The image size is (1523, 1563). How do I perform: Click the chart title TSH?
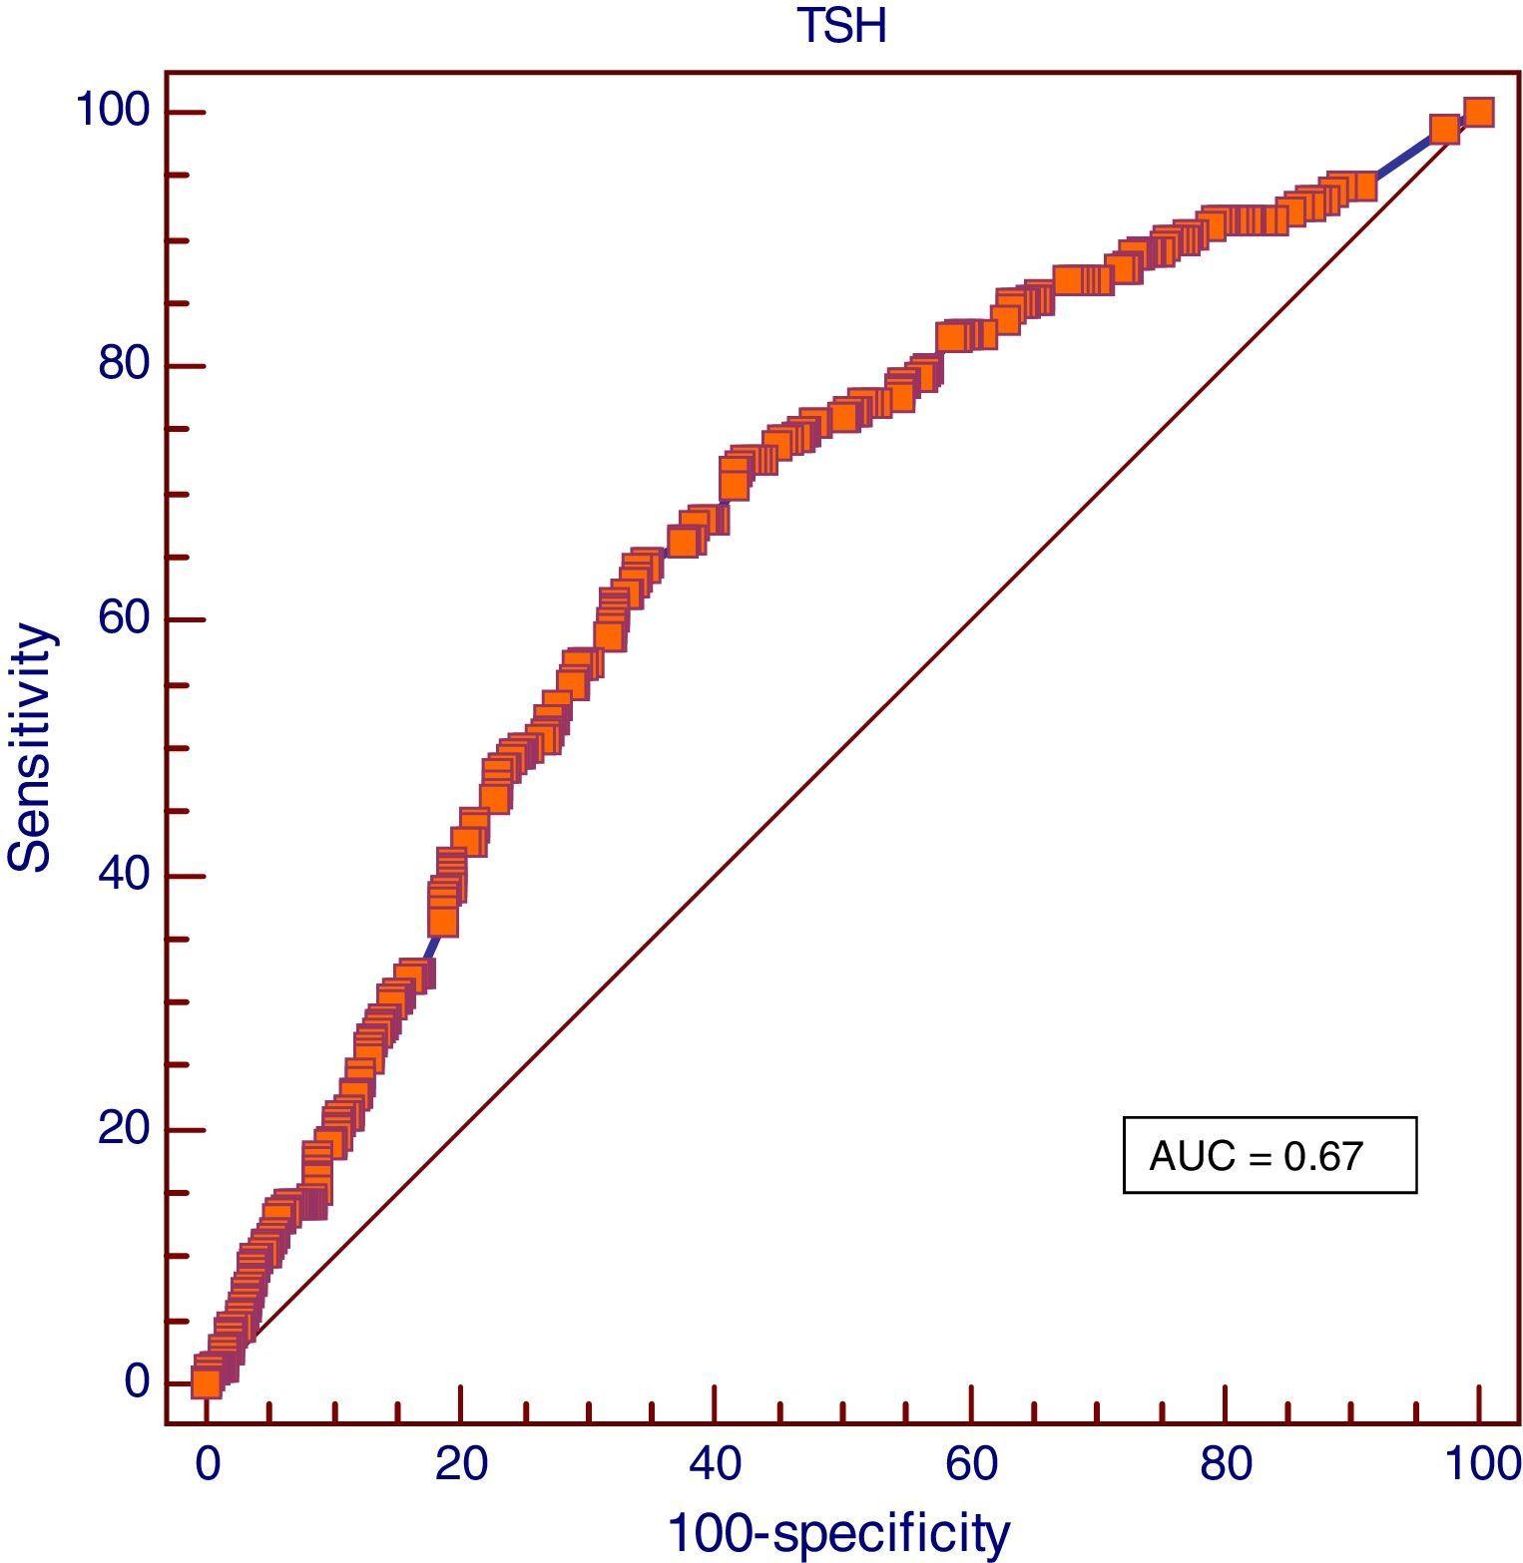[841, 26]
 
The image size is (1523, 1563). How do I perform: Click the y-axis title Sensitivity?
[30, 747]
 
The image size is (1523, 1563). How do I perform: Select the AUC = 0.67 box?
[1269, 1155]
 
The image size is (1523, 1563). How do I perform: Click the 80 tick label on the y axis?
[123, 365]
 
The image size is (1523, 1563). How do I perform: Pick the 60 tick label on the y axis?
[123, 618]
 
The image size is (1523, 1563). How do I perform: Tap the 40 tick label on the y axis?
[123, 875]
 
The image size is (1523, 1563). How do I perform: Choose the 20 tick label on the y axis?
[123, 1129]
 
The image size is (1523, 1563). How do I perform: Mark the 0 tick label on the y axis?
[137, 1382]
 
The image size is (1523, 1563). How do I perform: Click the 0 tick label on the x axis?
[207, 1465]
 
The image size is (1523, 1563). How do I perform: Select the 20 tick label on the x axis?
[461, 1465]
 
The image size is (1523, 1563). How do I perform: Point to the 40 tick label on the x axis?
[716, 1465]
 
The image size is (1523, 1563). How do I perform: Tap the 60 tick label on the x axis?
[970, 1465]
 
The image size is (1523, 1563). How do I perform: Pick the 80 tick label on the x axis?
[1225, 1465]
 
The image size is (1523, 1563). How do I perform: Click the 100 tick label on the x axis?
[1481, 1465]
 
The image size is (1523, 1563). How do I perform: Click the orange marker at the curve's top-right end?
[1478, 113]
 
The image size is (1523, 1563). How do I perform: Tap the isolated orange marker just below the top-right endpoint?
[1443, 130]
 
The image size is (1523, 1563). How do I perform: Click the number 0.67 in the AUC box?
[1323, 1156]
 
